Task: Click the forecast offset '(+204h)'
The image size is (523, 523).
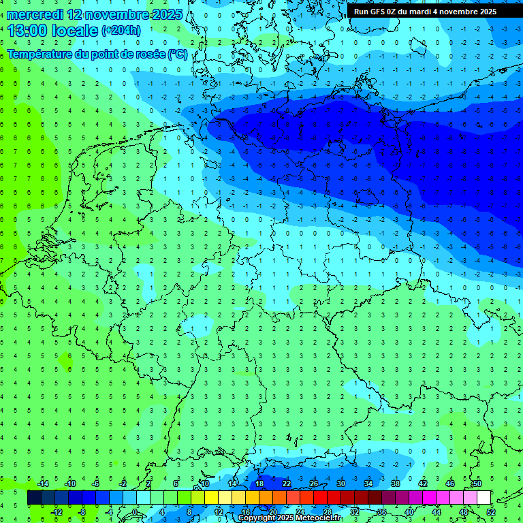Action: (121, 30)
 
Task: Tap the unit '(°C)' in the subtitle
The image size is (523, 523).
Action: (177, 54)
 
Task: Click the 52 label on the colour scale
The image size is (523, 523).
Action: (490, 511)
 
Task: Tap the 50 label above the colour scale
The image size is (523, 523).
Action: (477, 483)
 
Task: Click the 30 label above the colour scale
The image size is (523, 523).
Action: (340, 483)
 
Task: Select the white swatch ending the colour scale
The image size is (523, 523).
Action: (484, 498)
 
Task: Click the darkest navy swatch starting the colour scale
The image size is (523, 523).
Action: (34, 498)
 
